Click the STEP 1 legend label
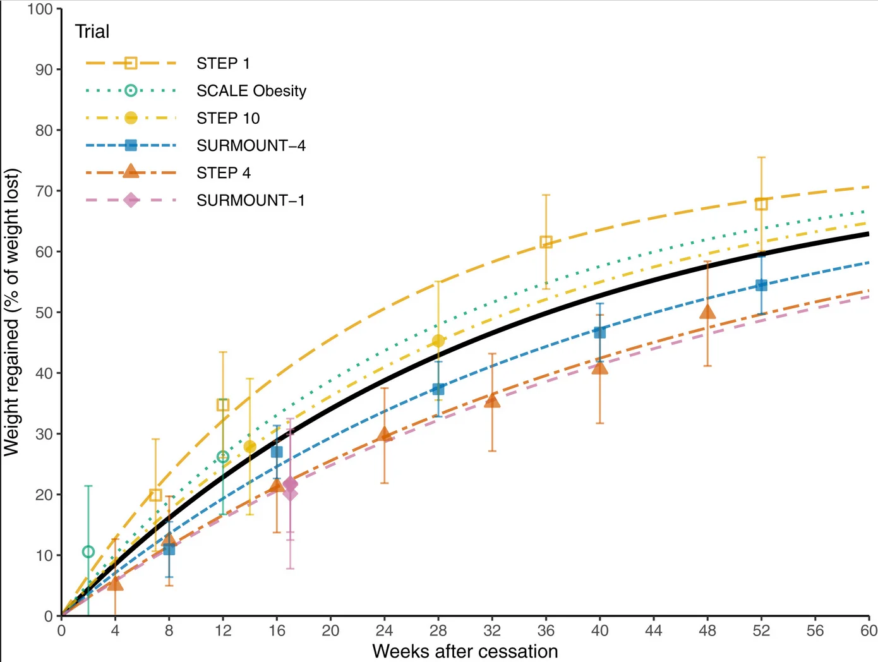(x=223, y=64)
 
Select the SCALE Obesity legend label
(x=251, y=91)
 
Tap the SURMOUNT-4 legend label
(x=251, y=145)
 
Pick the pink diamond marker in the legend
(x=131, y=200)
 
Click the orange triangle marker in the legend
(x=131, y=171)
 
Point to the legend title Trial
(x=92, y=32)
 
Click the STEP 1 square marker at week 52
(x=761, y=204)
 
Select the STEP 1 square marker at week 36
(x=546, y=242)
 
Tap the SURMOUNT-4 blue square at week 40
(x=599, y=332)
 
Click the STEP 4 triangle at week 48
(x=707, y=312)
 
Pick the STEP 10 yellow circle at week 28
(x=438, y=341)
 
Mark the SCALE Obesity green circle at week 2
(x=88, y=552)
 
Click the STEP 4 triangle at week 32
(x=492, y=400)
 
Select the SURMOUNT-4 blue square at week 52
(x=761, y=286)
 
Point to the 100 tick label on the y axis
(x=40, y=9)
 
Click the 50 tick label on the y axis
(x=44, y=313)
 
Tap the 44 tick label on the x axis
(x=654, y=631)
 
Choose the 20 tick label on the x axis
(x=330, y=631)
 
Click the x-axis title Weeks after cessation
(x=465, y=652)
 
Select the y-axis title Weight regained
(x=11, y=312)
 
